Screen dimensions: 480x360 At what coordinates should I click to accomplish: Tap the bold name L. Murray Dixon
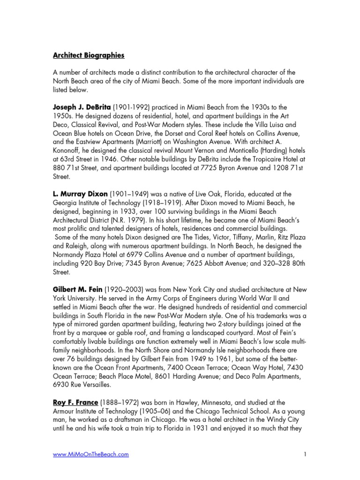[80, 194]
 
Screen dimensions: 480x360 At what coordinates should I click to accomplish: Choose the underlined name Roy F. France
[76, 402]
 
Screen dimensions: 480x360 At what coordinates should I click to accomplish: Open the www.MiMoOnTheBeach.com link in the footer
[90, 454]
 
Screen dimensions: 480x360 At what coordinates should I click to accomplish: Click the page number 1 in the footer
[305, 454]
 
